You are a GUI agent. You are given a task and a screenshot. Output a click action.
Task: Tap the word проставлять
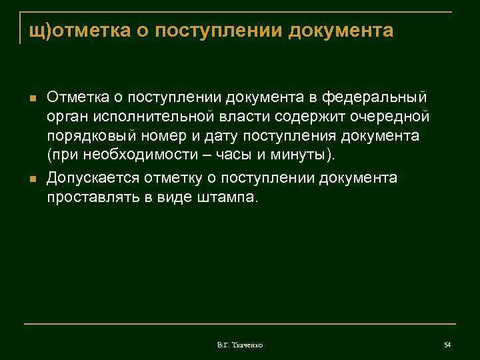point(91,197)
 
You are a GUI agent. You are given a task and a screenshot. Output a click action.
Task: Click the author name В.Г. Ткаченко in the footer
point(240,345)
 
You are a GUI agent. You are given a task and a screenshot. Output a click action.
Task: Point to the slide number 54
point(447,344)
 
